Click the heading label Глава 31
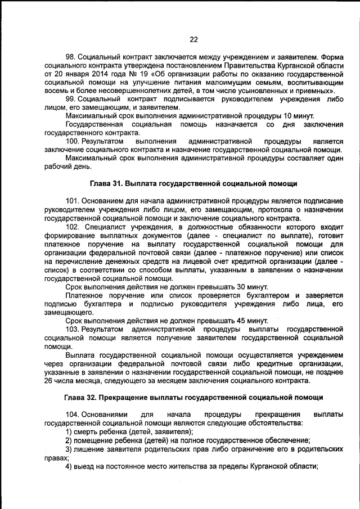click(107, 184)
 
